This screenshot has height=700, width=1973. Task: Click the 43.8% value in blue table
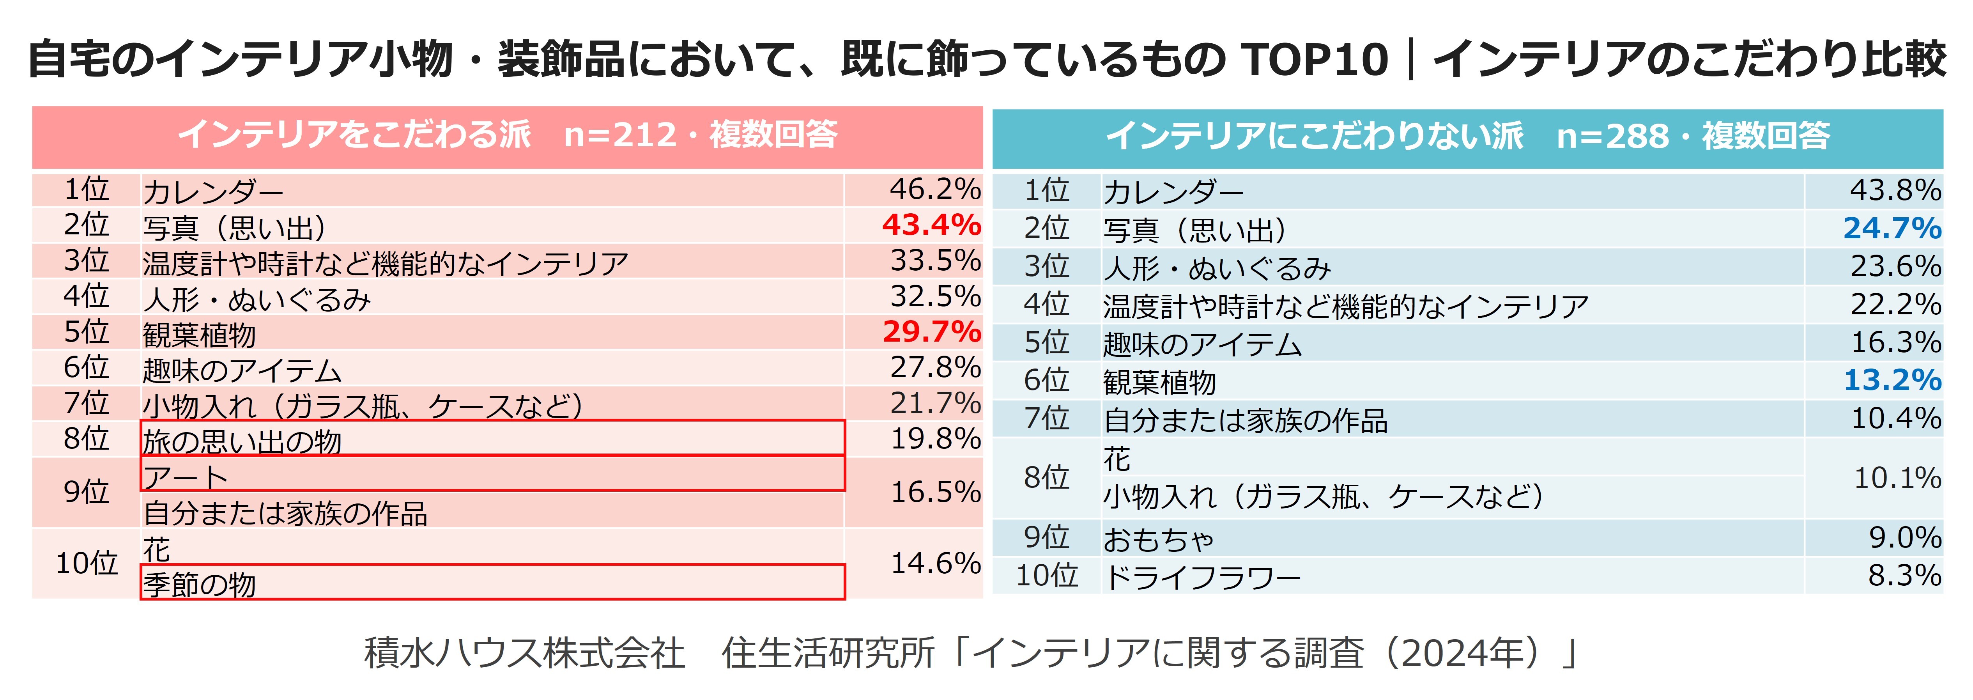(x=1895, y=190)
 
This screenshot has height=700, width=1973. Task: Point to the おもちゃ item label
(x=1158, y=539)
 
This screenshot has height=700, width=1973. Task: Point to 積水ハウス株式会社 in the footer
(x=524, y=653)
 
